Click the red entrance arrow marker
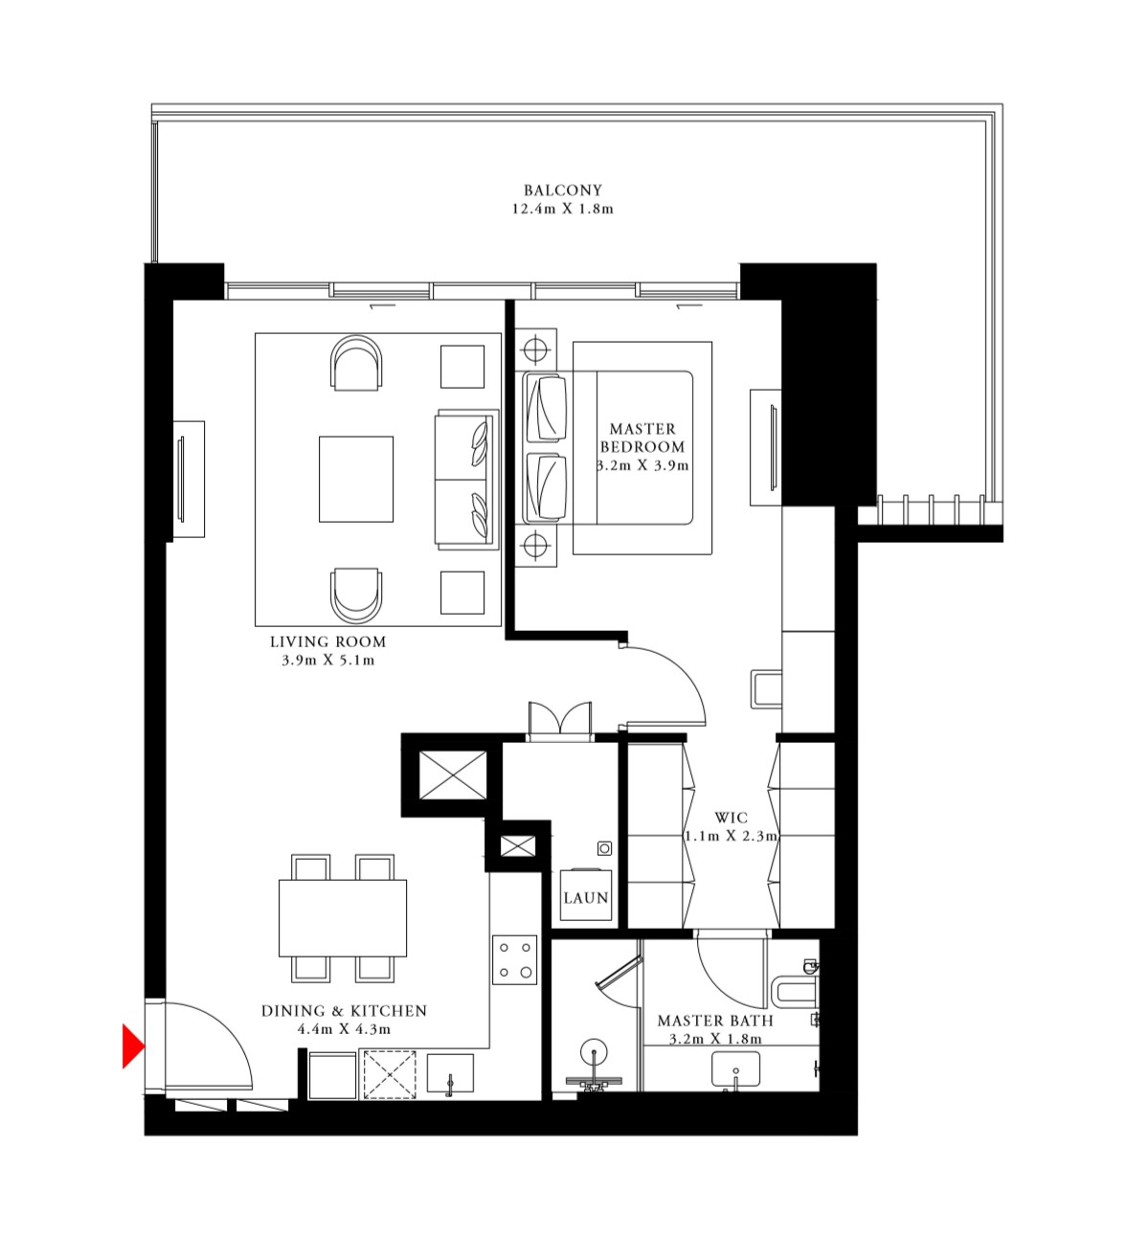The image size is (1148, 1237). point(132,1046)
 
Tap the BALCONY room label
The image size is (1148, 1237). point(562,191)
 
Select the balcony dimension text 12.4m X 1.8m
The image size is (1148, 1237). point(562,209)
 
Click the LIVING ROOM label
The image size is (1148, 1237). point(327,641)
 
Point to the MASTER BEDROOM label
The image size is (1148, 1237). point(642,438)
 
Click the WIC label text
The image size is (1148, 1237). point(731,818)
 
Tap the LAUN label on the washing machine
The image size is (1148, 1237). point(585,898)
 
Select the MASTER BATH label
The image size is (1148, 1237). point(714,1021)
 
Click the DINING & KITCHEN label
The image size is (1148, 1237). point(344,1011)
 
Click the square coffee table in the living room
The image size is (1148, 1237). point(356,479)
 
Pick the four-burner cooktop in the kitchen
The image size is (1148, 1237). point(515,959)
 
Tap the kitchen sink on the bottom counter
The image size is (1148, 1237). point(450,1074)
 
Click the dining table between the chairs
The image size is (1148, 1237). point(343,917)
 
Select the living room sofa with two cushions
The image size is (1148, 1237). point(466,480)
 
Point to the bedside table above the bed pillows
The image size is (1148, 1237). point(536,349)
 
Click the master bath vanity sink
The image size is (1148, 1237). point(735,1069)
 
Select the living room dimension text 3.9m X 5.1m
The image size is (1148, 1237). point(327,661)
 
